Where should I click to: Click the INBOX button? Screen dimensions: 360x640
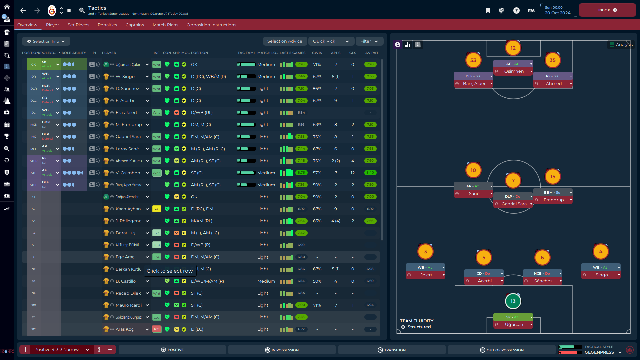click(x=607, y=10)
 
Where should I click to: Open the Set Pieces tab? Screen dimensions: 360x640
click(x=78, y=25)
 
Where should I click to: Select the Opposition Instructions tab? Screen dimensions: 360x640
click(x=211, y=25)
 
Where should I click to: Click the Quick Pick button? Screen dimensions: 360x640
click(x=324, y=41)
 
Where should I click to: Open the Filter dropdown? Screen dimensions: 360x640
click(x=369, y=41)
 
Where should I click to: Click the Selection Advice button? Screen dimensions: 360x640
click(x=284, y=41)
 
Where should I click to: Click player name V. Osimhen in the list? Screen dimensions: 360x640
click(x=128, y=173)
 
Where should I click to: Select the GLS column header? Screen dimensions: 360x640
click(x=352, y=53)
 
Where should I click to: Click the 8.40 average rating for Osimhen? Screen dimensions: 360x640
click(x=370, y=173)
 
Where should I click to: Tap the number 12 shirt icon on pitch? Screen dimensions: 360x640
click(x=513, y=48)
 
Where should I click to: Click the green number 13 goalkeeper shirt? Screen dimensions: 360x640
click(x=513, y=301)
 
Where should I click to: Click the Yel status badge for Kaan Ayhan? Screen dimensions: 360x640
click(x=156, y=209)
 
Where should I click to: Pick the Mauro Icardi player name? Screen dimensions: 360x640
click(x=128, y=305)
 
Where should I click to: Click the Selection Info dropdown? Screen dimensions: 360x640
click(x=46, y=41)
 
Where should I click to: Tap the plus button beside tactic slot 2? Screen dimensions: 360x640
click(x=110, y=350)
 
